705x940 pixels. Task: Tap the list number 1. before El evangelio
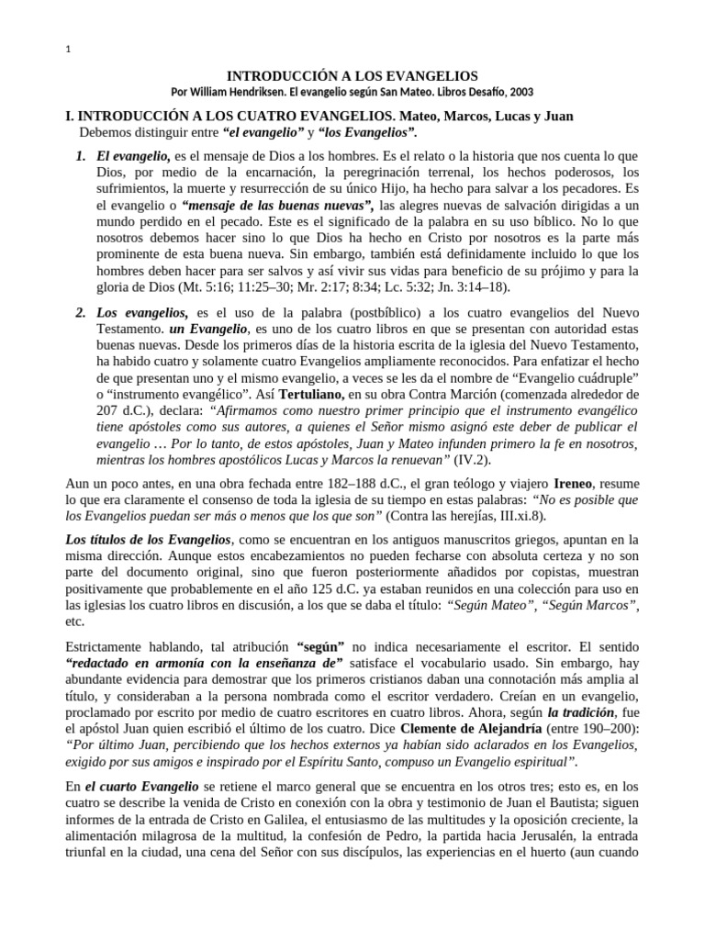tap(82, 158)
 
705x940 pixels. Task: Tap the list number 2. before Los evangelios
tap(82, 313)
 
